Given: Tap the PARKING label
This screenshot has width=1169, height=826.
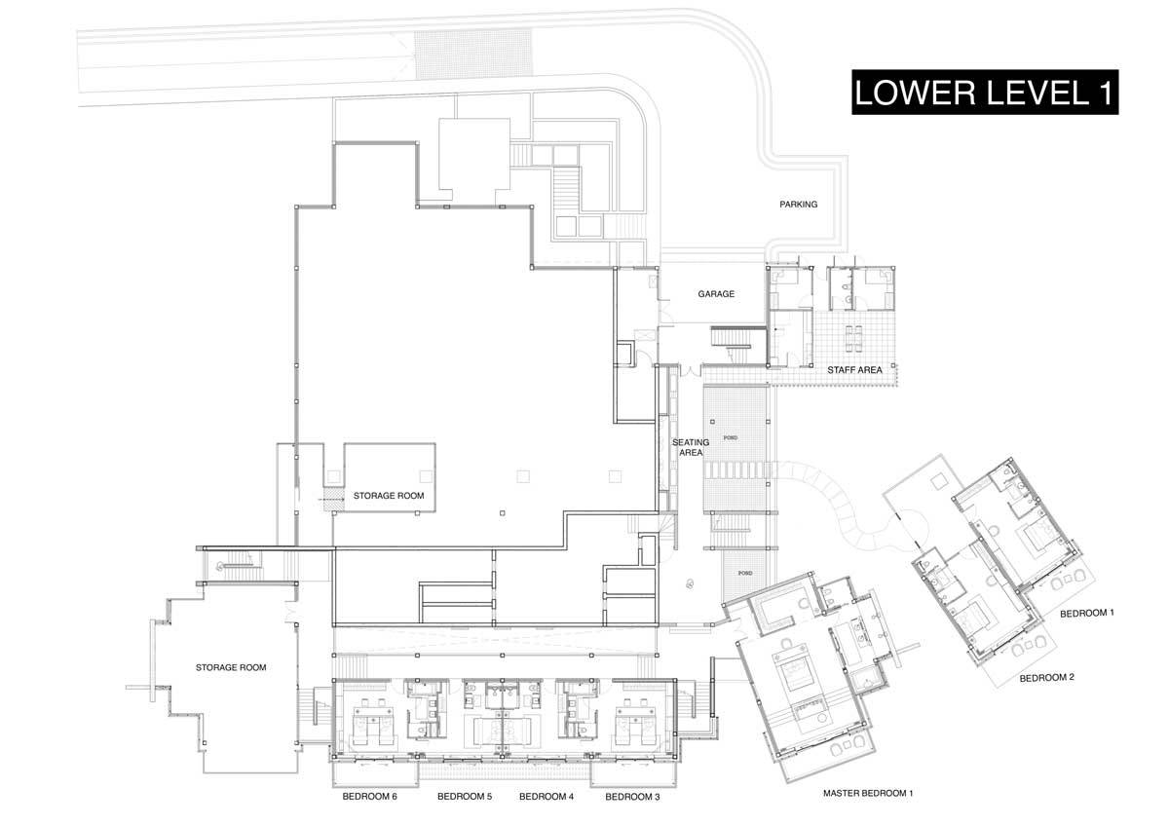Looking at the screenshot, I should (798, 205).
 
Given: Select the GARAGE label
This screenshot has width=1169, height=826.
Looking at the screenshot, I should (715, 293).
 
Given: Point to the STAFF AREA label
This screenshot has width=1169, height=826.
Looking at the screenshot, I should (854, 370).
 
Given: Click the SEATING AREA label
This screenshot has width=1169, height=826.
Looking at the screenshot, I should (691, 448).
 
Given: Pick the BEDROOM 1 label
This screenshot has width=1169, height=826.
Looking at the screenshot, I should (1086, 614).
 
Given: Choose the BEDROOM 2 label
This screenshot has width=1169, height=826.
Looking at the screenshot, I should (1046, 678).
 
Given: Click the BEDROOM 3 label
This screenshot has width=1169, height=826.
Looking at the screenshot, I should (632, 797).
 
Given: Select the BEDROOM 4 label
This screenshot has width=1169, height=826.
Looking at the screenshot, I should (547, 797).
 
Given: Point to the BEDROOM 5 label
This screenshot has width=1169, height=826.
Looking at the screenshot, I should (465, 797).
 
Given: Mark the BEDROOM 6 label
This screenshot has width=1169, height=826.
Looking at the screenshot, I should (369, 797).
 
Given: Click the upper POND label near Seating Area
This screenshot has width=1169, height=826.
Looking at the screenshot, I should (730, 438).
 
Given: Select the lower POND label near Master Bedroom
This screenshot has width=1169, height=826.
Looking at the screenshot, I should (746, 573).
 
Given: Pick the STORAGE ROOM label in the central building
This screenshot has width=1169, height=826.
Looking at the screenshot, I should (389, 496).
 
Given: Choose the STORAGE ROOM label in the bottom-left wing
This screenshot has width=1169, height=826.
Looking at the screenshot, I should (231, 667).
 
